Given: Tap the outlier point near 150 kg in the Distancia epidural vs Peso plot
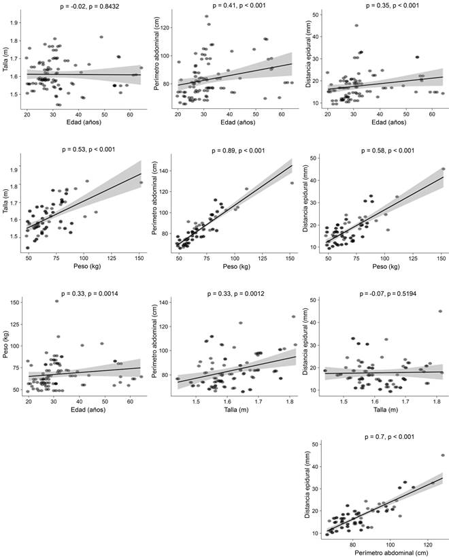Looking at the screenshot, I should click(443, 169).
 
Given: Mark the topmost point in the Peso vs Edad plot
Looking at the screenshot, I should click(56, 301).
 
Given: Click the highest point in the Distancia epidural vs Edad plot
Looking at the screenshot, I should click(356, 26).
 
